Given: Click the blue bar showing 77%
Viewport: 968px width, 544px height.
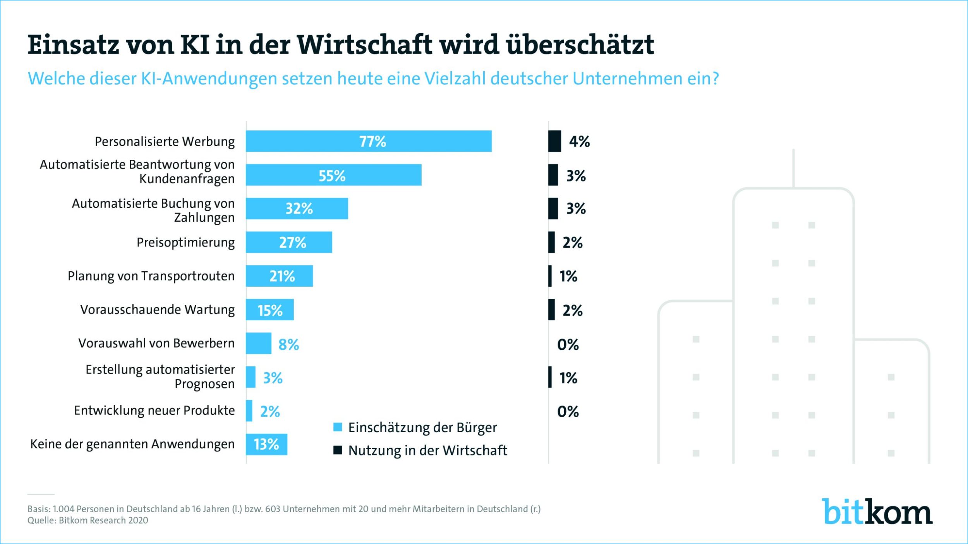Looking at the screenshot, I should [x=369, y=141].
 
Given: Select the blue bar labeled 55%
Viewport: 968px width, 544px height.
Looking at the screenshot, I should [x=333, y=175].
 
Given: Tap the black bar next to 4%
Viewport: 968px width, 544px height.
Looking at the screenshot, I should [x=554, y=141].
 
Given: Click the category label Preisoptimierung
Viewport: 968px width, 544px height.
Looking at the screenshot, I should [x=185, y=243].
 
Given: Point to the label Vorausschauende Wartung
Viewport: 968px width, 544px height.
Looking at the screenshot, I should [x=157, y=310].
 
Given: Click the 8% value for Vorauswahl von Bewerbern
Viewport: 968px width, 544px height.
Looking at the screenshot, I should [x=288, y=344].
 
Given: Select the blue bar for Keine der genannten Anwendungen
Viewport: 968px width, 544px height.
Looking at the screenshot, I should [x=266, y=444].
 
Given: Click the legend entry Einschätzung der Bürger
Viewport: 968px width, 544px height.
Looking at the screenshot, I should [x=422, y=428].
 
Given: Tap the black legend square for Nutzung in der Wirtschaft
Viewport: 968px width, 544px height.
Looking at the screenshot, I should [x=338, y=450].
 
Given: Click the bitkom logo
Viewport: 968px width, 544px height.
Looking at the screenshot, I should [x=877, y=511].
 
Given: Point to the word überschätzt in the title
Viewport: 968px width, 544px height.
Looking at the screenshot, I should [x=580, y=44].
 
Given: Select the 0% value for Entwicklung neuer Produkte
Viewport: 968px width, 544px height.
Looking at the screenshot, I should [x=568, y=411].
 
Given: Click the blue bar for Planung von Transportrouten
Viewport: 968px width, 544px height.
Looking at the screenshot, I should [x=279, y=276].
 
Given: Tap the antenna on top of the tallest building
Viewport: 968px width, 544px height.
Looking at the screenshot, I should [x=793, y=168].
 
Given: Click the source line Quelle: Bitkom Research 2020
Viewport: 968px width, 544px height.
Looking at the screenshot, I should [x=88, y=520].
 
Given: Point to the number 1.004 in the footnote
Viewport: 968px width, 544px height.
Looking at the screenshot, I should [x=63, y=509].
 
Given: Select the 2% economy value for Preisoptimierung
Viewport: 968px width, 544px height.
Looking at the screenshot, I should [x=572, y=243].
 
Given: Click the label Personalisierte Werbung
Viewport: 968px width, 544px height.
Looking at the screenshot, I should [x=165, y=142].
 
